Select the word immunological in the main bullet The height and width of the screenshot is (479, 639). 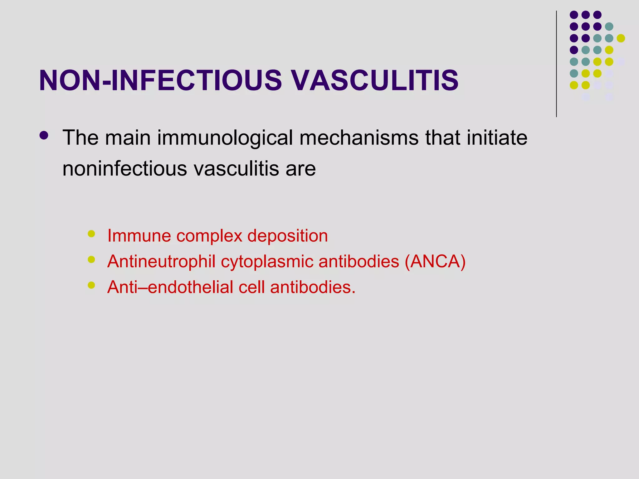click(225, 138)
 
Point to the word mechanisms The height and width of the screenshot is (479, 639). click(359, 138)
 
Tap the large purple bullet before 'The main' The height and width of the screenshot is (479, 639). click(44, 135)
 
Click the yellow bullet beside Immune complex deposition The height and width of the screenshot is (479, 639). click(91, 234)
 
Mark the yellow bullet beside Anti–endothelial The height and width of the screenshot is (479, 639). click(91, 285)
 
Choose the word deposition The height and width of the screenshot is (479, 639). click(287, 235)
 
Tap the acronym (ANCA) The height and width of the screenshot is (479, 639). click(435, 261)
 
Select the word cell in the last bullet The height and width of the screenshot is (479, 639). click(251, 287)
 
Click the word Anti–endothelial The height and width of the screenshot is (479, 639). click(170, 287)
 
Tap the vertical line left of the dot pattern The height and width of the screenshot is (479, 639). click(556, 64)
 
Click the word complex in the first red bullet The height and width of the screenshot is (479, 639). click(209, 236)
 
